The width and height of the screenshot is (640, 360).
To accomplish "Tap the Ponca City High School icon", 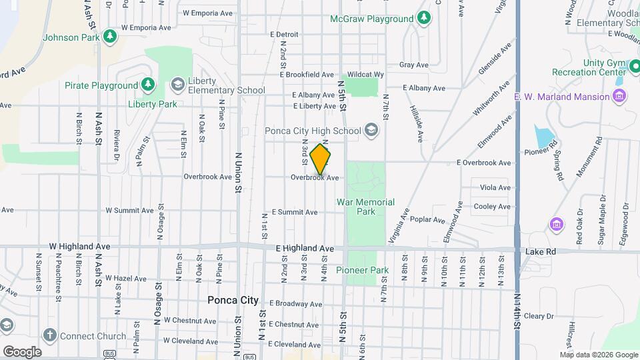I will click(x=371, y=131).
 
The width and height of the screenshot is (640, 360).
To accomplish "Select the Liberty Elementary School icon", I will click(x=177, y=85).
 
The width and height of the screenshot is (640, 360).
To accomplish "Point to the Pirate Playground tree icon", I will click(x=148, y=85).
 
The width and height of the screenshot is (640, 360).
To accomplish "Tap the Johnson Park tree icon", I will click(x=108, y=37).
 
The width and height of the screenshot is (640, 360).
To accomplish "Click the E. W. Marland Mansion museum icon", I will click(x=620, y=97).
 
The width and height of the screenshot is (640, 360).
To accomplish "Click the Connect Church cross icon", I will click(x=49, y=335).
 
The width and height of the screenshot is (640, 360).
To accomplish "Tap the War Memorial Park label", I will click(x=365, y=207).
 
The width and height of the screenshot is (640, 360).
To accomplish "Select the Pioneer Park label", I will click(x=362, y=270).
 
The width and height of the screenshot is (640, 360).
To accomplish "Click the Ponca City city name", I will click(x=233, y=300).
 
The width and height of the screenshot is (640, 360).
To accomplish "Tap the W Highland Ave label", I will click(x=84, y=246).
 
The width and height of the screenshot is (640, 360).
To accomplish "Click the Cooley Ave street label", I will click(x=491, y=207).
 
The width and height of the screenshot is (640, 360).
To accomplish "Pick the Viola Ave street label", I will click(x=495, y=188).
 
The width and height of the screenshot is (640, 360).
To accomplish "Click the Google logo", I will click(x=22, y=351).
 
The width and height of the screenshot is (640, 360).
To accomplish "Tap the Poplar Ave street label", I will click(x=427, y=219).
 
